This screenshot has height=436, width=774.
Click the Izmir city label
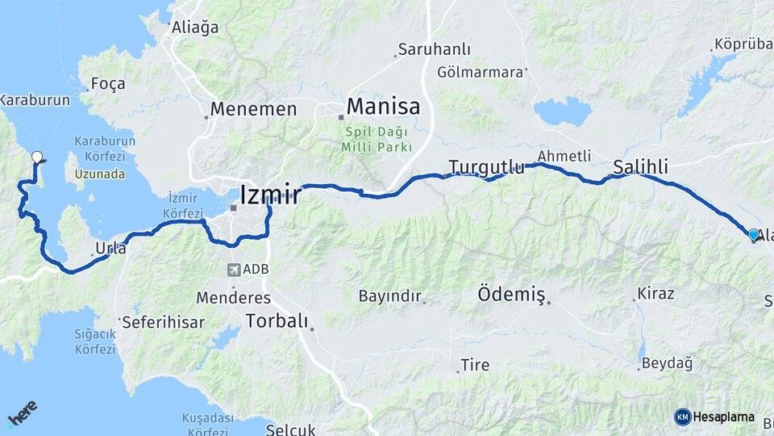coord(270,195)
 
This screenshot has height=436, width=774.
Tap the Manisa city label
coord(383,107)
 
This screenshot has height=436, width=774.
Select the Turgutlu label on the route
coord(486,167)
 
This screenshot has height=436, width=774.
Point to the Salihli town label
coord(640,167)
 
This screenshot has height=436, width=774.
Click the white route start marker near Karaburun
coord(36,157)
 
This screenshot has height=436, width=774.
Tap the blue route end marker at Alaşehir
coord(754,235)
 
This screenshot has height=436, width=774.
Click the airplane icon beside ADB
coord(234,270)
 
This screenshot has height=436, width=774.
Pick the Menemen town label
coord(253,108)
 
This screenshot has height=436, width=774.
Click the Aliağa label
coord(195,27)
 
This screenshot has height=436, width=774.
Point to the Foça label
coord(108,84)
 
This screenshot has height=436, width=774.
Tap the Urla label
coord(111,249)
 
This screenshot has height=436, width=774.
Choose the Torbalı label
coord(277,321)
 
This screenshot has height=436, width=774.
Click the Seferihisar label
coord(163,322)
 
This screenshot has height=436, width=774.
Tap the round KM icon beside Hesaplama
coord(682,417)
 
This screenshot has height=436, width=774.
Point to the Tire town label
coord(475,366)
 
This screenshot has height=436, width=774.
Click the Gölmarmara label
coord(481,72)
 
